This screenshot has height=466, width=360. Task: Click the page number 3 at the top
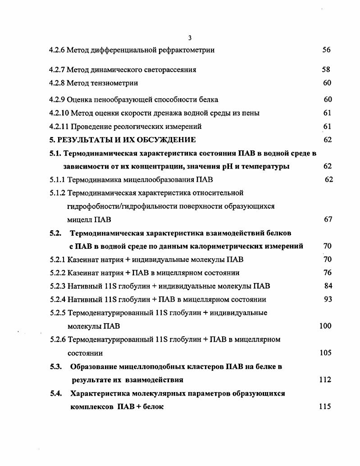click(190, 37)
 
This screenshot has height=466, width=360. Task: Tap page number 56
click(327, 50)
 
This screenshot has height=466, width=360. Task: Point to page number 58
click(326, 70)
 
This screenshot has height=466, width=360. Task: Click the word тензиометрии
click(116, 83)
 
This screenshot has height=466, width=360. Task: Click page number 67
click(328, 219)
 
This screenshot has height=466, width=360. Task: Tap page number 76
click(328, 273)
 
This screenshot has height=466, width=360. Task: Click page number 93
click(328, 299)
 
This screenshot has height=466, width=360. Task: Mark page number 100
click(325, 326)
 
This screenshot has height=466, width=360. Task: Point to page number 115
click(325, 407)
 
